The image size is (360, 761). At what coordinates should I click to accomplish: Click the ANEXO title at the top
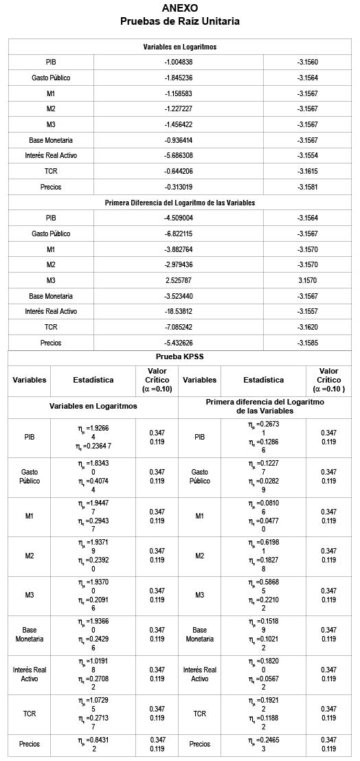[180, 8]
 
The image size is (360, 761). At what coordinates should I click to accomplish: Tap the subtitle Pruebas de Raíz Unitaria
[180, 21]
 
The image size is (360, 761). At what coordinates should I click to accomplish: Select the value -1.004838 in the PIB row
[179, 62]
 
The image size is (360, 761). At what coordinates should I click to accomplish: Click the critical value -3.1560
[308, 62]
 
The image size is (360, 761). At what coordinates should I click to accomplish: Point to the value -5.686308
[179, 155]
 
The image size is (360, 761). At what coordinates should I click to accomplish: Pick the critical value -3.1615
[308, 171]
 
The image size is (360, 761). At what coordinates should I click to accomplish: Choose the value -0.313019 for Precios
[179, 187]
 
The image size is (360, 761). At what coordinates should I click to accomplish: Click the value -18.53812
[179, 311]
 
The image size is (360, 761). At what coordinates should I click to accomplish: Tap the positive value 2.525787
[179, 280]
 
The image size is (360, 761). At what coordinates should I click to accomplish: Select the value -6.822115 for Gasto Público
[179, 234]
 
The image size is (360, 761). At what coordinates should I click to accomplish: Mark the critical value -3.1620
[308, 327]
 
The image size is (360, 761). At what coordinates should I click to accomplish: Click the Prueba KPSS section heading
[180, 357]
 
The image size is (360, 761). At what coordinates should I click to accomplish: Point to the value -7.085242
[179, 327]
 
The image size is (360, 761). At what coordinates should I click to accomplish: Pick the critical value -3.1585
[308, 343]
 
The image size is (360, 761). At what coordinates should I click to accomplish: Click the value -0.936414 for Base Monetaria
[179, 140]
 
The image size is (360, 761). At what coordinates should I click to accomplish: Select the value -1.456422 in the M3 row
[179, 124]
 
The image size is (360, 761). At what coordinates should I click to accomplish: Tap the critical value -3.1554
[308, 155]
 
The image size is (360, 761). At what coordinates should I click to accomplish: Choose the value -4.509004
[179, 218]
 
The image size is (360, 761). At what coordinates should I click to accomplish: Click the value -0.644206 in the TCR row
[179, 171]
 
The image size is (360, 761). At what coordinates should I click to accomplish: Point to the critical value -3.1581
[308, 187]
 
